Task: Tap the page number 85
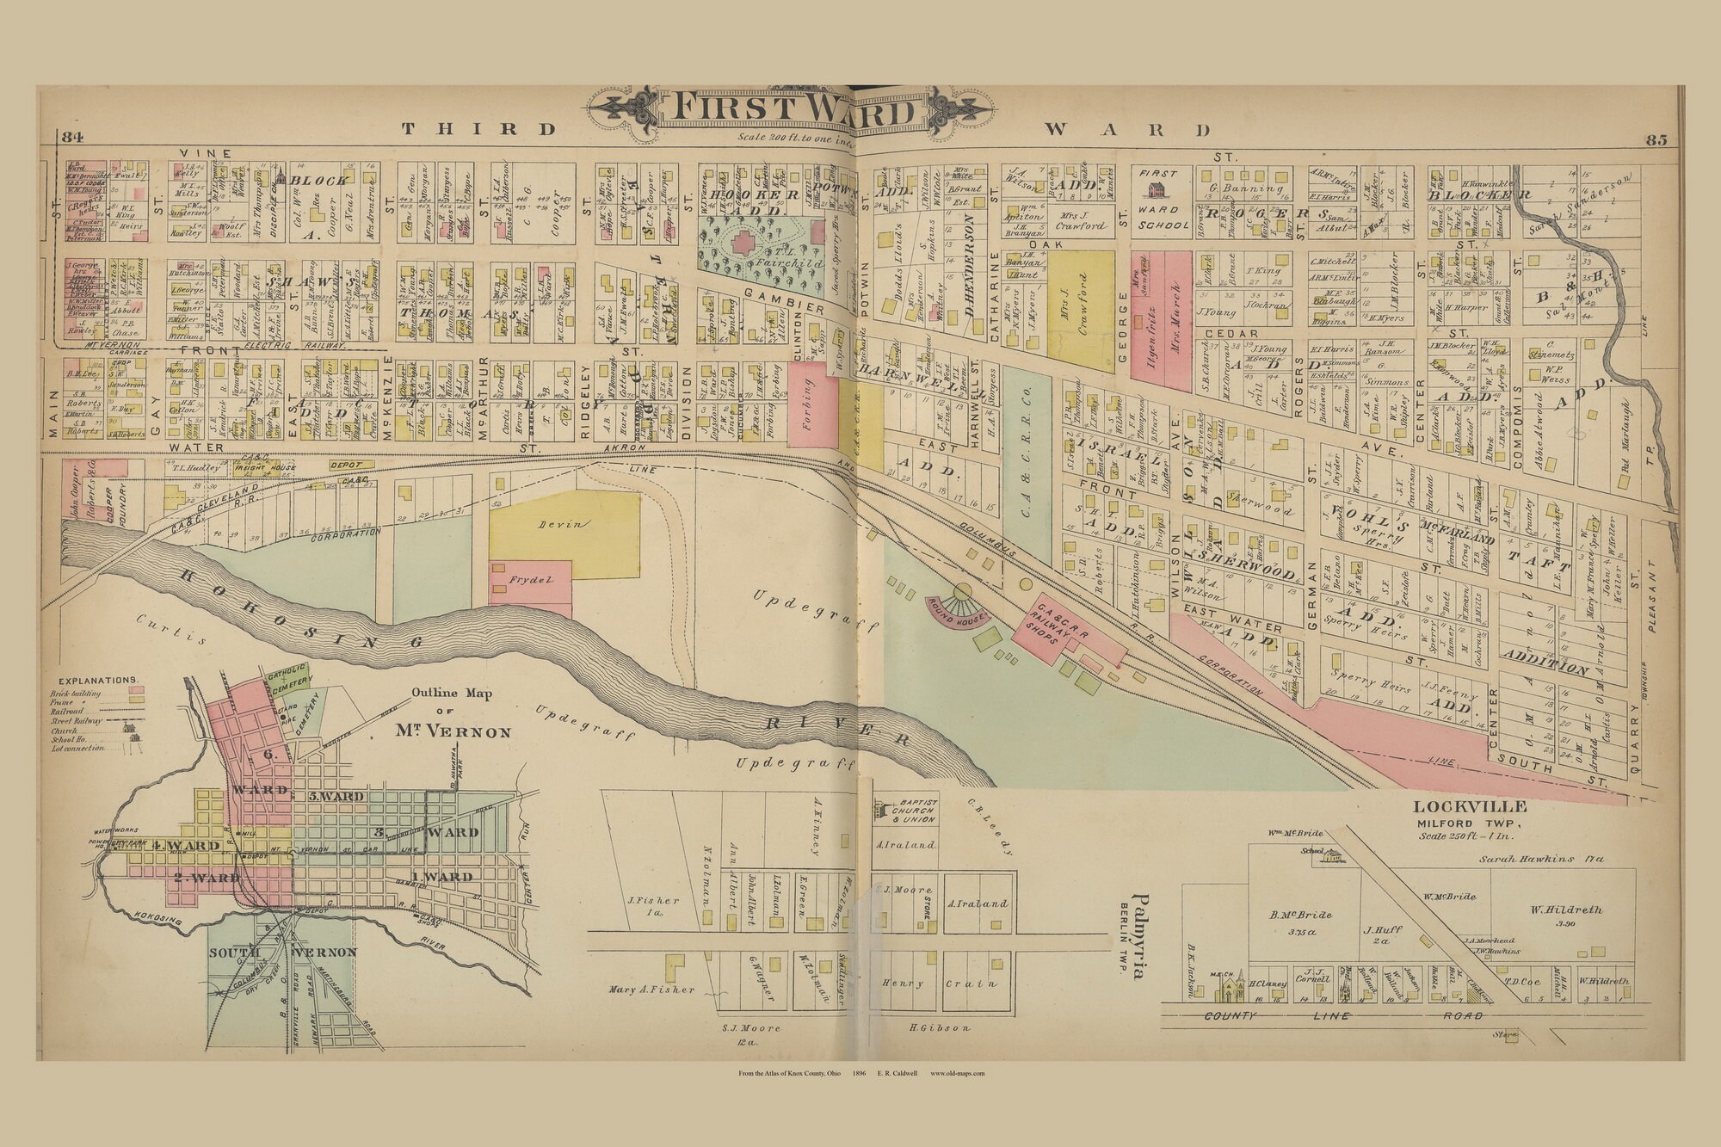1656,140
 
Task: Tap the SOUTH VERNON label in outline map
283,953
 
